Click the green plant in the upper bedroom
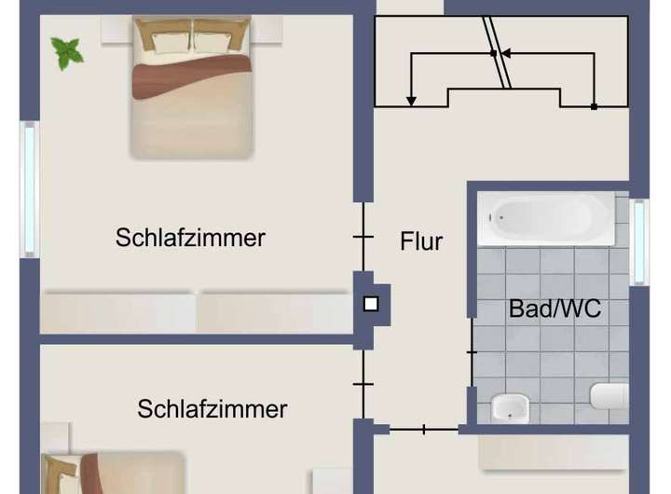pos(67,52)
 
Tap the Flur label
pos(421,241)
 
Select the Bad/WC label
pos(555,309)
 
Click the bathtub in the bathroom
pos(546,218)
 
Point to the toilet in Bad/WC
pos(609,395)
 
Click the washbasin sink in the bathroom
pos(509,407)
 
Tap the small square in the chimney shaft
pos(371,303)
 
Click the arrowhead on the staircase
pos(411,101)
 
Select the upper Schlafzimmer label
pos(190,238)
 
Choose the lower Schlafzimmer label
pos(212,409)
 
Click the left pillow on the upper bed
pos(164,40)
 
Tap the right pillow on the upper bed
pos(218,40)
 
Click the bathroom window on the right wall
pos(638,241)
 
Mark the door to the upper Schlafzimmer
pos(363,238)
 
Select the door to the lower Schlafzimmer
pos(363,383)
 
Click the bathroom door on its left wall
pos(472,352)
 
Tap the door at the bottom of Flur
pos(424,430)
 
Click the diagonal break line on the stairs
pos(498,52)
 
